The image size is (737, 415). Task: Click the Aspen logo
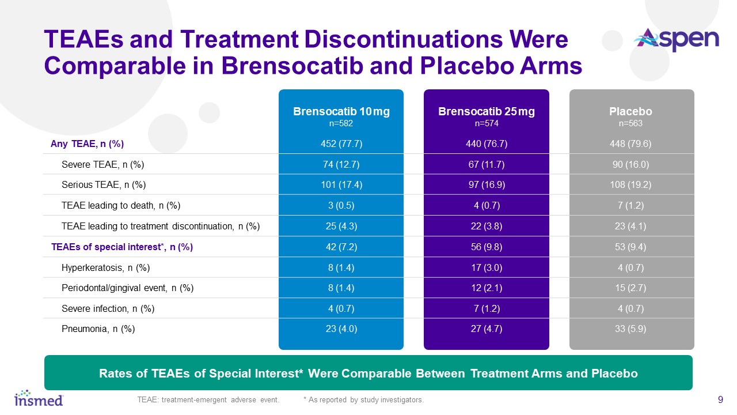(x=676, y=40)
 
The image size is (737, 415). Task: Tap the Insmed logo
(x=39, y=397)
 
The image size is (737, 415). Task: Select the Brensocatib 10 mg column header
(x=341, y=116)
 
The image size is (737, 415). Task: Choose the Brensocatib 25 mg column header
(x=487, y=116)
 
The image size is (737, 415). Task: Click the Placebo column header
(x=632, y=116)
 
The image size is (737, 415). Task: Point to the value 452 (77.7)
(x=341, y=144)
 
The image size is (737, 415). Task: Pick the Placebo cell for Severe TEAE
(x=632, y=164)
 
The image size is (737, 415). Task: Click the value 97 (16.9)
(x=487, y=185)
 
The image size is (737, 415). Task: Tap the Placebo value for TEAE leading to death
(x=632, y=206)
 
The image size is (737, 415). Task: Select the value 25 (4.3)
(x=341, y=227)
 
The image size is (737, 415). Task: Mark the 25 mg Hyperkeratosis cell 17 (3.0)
(x=487, y=267)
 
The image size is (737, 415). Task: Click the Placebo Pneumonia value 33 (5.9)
(x=632, y=329)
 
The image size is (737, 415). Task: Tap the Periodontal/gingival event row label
(x=127, y=288)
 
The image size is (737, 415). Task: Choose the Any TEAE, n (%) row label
(x=88, y=144)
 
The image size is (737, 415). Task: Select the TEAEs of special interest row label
(x=122, y=247)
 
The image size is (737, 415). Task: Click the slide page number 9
(x=720, y=399)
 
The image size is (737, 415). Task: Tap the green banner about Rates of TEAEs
(x=368, y=373)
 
